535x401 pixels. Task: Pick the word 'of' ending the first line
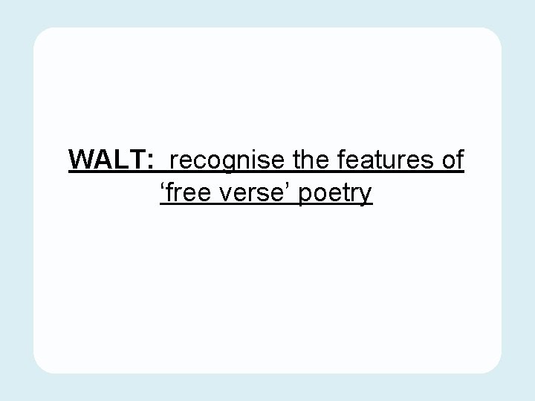click(x=453, y=160)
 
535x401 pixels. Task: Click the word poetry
click(x=335, y=195)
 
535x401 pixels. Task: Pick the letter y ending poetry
click(x=366, y=197)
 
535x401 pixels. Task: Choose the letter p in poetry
click(x=305, y=197)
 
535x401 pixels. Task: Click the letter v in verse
click(x=230, y=195)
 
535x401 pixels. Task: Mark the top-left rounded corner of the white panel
click(x=39, y=34)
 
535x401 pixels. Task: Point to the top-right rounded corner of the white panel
click(x=496, y=34)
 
